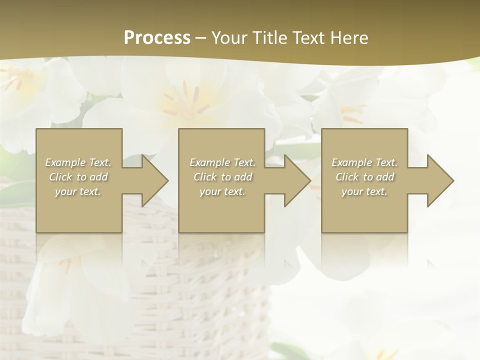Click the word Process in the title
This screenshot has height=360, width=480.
click(157, 38)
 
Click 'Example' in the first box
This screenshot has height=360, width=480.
click(65, 162)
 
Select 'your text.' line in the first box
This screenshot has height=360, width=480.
click(77, 191)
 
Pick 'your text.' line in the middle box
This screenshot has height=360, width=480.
click(222, 191)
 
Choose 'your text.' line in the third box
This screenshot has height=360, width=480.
click(364, 191)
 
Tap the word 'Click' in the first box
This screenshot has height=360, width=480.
click(60, 177)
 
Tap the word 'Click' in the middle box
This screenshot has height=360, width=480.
click(205, 177)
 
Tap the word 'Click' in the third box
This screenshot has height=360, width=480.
click(347, 177)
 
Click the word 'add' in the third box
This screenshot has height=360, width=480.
click(385, 177)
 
